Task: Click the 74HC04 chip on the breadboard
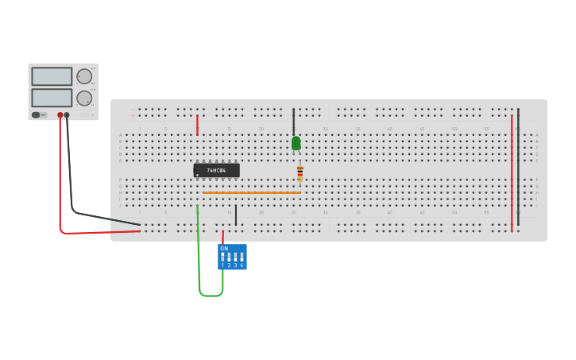(216, 170)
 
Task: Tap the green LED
(296, 143)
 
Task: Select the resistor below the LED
(300, 172)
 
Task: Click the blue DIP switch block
(232, 257)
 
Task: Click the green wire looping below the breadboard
(210, 295)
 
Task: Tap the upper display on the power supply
(52, 76)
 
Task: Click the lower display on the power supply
(52, 97)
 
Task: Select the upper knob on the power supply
(83, 76)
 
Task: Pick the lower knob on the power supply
(83, 98)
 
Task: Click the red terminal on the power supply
(60, 115)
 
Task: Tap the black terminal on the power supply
(67, 115)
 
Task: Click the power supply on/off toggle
(37, 115)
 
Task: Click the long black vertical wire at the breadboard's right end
(518, 167)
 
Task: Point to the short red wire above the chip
(197, 125)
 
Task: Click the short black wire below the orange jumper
(236, 215)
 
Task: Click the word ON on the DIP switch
(224, 249)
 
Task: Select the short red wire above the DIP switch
(222, 236)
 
